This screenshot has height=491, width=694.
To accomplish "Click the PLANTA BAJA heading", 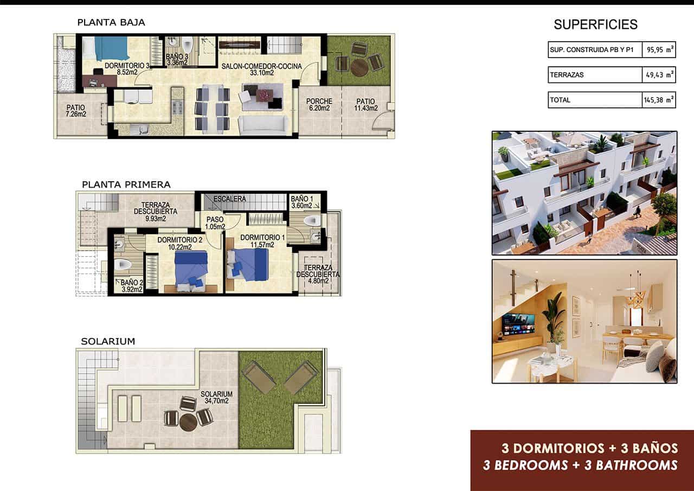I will tap(111, 23).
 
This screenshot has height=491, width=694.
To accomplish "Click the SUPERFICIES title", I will tap(595, 24).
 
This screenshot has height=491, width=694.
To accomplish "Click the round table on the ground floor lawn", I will tap(359, 67).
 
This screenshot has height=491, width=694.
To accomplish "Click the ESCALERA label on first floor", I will tap(230, 199).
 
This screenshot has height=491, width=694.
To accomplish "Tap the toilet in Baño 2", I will tap(123, 265).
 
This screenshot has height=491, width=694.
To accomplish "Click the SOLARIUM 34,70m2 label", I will tap(216, 398).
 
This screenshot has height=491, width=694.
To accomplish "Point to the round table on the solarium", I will tap(188, 422).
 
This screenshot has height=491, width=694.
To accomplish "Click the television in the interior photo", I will tap(518, 324).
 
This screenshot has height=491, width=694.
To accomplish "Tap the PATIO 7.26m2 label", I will tap(76, 111).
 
